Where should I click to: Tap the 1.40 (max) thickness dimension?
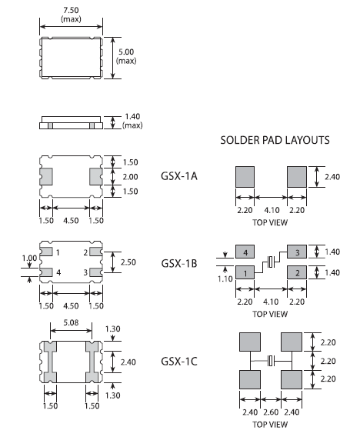(x=133, y=122)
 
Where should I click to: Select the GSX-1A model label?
(x=178, y=175)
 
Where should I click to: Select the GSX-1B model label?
(x=178, y=262)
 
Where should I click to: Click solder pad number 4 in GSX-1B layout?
(x=244, y=252)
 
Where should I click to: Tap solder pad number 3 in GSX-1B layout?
(x=296, y=252)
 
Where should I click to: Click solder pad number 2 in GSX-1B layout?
(x=296, y=272)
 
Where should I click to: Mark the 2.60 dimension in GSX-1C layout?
(x=270, y=412)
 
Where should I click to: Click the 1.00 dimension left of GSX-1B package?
(x=28, y=258)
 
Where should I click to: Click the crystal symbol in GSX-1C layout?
(x=270, y=361)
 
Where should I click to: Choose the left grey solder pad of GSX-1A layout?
(x=244, y=177)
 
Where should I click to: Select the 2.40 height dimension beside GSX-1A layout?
(x=331, y=177)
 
